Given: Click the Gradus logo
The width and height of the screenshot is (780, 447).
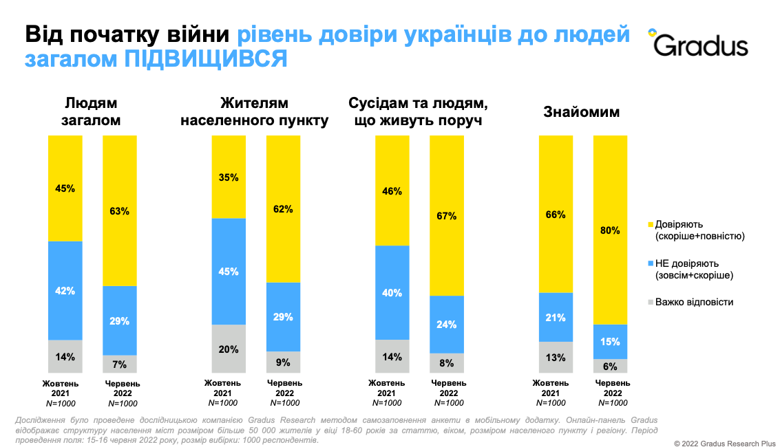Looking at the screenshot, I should tap(699, 44).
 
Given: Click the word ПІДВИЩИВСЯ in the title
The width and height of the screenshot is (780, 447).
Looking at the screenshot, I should tap(205, 60).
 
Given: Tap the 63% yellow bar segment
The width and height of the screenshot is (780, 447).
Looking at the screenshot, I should tap(120, 210).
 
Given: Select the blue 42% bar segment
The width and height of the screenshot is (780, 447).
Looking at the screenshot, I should tap(65, 290).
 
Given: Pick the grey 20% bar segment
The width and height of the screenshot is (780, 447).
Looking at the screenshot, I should tap(229, 349).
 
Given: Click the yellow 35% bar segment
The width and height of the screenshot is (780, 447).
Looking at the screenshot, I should tap(229, 177).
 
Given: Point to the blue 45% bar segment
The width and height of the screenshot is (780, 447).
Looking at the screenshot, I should tap(229, 271).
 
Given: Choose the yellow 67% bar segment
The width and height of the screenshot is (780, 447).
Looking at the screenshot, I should tap(447, 215).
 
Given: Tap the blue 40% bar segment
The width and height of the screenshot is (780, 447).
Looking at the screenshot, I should tap(392, 292).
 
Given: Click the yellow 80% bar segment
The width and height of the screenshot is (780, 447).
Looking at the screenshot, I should tap(611, 230).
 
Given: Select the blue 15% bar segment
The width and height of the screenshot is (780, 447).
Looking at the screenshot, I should tap(611, 341).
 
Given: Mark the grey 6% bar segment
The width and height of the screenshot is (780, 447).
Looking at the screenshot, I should tap(611, 366).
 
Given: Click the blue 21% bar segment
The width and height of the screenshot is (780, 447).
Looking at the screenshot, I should tap(556, 317).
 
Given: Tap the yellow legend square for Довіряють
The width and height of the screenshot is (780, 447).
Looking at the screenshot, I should tap(651, 224).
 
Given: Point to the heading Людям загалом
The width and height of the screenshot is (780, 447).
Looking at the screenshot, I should tap(92, 112).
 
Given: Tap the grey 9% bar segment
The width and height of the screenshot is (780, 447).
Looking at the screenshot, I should tap(283, 362).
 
